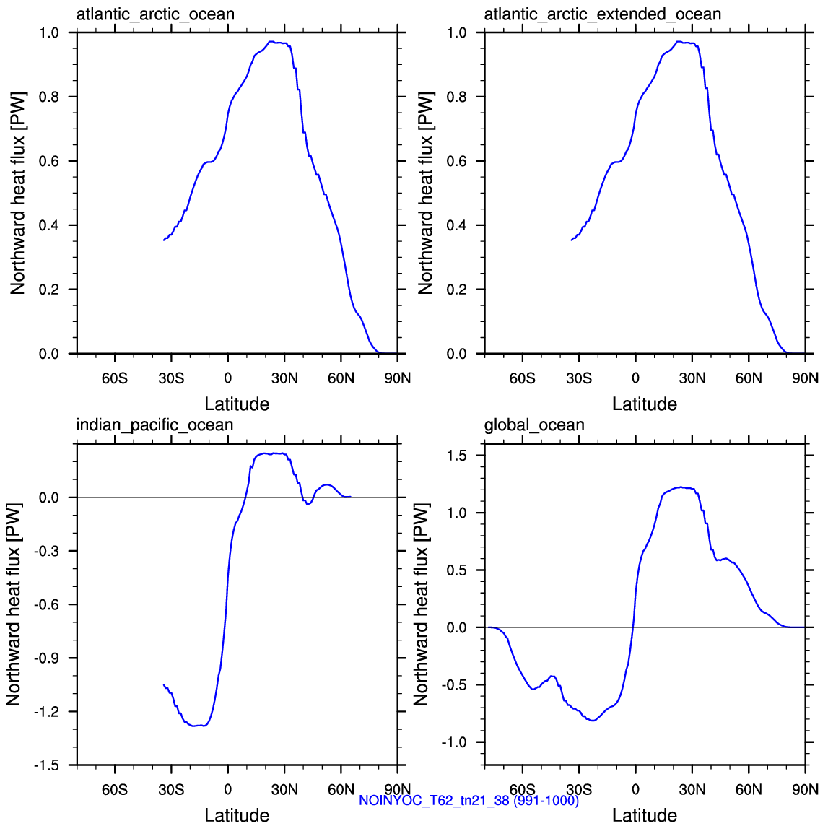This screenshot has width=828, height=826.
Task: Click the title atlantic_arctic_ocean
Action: (x=155, y=14)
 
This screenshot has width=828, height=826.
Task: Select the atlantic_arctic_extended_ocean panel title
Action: (x=603, y=14)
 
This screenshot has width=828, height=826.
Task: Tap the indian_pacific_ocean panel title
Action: (x=154, y=425)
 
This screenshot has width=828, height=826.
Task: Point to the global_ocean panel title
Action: (x=534, y=425)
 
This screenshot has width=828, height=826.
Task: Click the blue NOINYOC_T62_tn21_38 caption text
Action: (x=469, y=801)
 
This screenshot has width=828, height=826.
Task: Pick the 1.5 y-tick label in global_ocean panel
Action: (x=457, y=456)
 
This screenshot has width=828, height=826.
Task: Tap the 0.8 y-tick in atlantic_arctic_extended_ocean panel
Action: (x=457, y=97)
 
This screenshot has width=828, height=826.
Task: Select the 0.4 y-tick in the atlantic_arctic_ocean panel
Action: (x=49, y=225)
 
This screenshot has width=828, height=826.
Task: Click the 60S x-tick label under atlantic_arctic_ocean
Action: (x=115, y=378)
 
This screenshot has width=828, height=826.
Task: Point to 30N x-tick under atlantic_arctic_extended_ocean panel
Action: (x=692, y=378)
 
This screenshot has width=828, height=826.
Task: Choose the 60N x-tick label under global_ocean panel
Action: (x=749, y=790)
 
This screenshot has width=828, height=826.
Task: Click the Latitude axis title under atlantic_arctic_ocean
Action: (x=237, y=404)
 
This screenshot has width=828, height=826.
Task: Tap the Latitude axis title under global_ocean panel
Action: (x=645, y=815)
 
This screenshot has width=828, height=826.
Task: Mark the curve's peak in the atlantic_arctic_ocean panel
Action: (x=271, y=42)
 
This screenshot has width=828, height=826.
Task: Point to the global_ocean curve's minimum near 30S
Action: (x=593, y=721)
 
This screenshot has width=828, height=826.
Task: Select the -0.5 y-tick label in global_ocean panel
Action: (x=455, y=685)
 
